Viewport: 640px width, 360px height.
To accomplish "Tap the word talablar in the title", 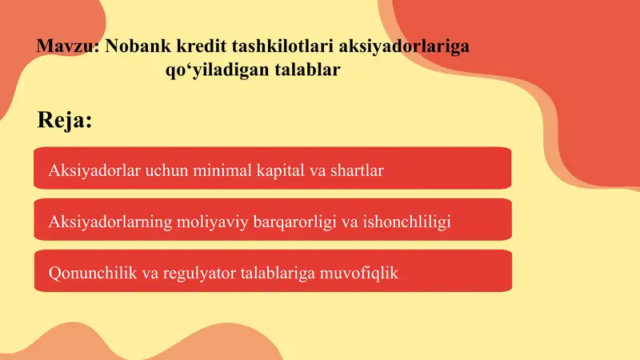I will [308, 70].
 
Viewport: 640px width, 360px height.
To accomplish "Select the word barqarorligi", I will [291, 222].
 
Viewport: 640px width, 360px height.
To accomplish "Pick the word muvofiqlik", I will [358, 273].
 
